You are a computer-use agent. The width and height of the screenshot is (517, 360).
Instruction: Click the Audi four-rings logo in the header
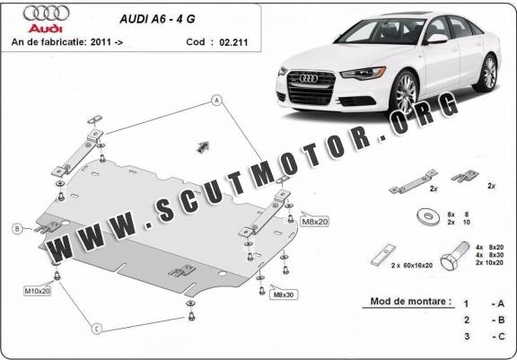[x=46, y=13]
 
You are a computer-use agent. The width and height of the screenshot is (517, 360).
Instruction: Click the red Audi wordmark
[x=45, y=29]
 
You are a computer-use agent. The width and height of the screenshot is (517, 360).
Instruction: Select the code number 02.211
[x=233, y=42]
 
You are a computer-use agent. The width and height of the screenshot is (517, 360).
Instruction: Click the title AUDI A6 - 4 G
[x=157, y=19]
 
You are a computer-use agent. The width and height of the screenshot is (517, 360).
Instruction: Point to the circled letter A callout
[x=216, y=100]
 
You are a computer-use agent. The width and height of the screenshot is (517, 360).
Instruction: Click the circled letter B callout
[x=17, y=228]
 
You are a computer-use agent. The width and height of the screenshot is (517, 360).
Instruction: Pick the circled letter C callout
[x=97, y=329]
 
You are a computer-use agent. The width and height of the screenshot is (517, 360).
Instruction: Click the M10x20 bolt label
[x=38, y=291]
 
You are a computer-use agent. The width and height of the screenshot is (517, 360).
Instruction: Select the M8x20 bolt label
[x=315, y=222]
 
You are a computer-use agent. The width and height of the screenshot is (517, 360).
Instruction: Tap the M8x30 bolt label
[x=284, y=294]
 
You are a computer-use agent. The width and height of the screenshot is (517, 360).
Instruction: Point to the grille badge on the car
[x=309, y=78]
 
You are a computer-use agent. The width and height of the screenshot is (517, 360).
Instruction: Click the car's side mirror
[x=436, y=40]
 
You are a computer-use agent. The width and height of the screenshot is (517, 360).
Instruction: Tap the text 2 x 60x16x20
[x=411, y=265]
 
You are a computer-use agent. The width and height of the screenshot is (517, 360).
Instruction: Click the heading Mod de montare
[x=411, y=301]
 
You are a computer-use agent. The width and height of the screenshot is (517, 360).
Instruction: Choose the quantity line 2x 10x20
[x=489, y=263]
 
